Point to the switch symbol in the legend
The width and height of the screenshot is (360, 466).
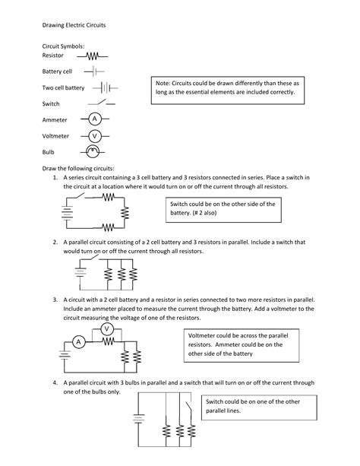point(100,103)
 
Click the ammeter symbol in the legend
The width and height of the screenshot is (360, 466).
point(95,119)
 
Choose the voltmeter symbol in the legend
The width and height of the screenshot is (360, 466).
point(95,135)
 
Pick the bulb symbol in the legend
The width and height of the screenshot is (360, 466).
point(93,151)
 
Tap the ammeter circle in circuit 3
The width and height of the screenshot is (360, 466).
point(77,342)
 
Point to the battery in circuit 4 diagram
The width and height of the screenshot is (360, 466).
point(138,417)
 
